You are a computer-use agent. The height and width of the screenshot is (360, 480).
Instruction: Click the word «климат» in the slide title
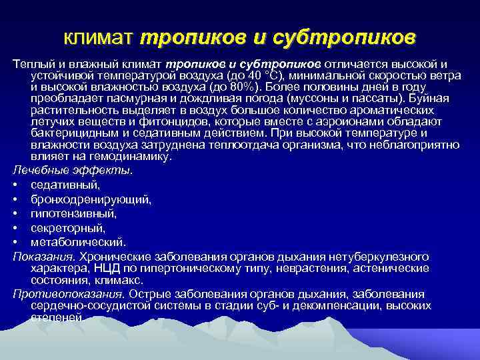pos(100,36)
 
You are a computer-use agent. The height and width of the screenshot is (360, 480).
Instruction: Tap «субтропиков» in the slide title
pos(346,36)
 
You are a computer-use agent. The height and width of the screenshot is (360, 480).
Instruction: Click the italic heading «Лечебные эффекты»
pos(72,171)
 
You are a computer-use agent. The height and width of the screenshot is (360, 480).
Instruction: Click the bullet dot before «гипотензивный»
pos(15,214)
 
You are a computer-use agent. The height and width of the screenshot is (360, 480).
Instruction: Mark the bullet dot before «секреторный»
pos(15,229)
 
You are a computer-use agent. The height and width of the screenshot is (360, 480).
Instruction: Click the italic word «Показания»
pos(43,257)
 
